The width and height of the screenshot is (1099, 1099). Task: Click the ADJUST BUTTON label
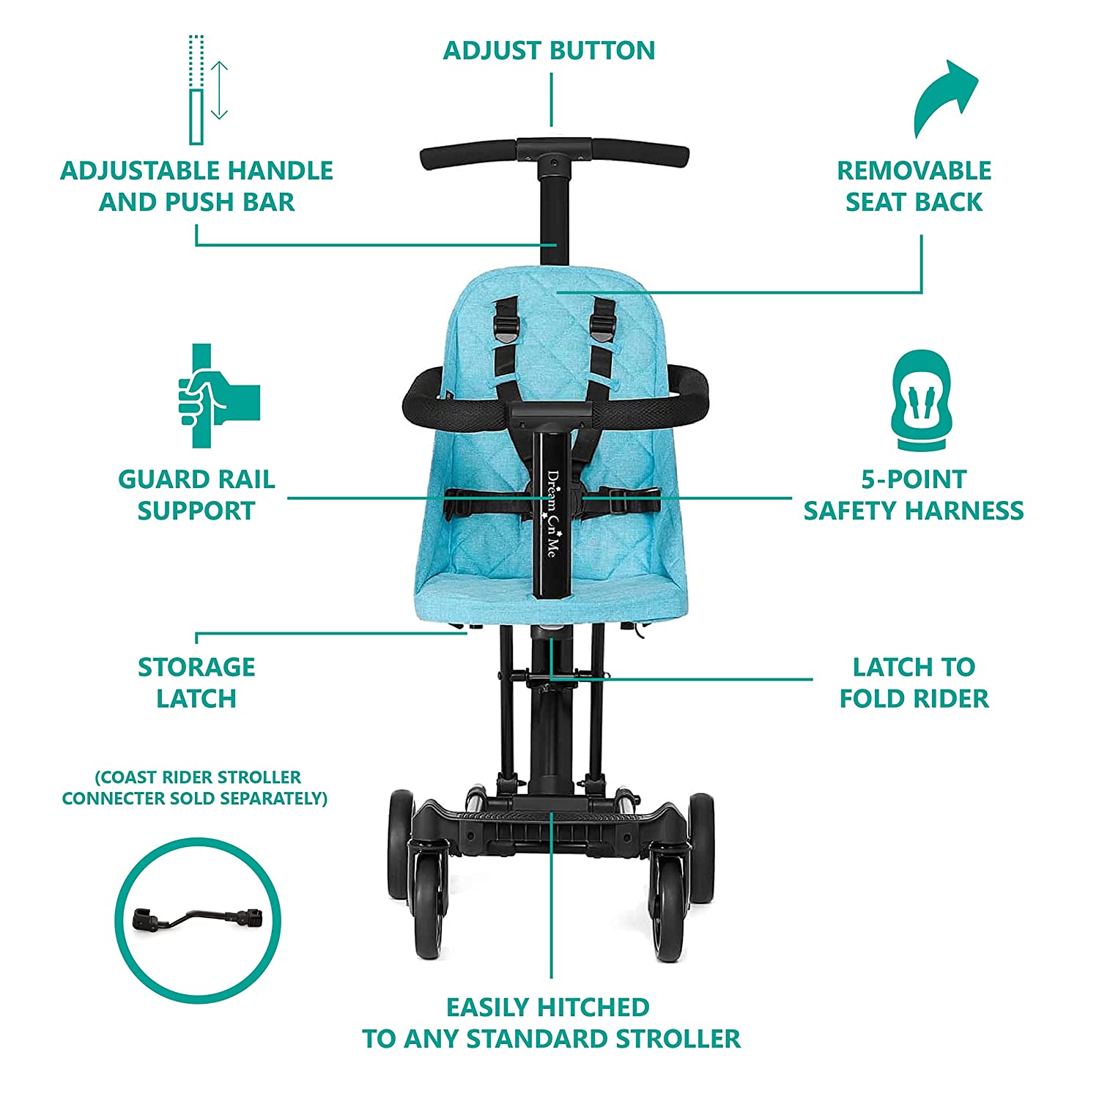[549, 51]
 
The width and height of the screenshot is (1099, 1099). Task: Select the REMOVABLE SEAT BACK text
[914, 186]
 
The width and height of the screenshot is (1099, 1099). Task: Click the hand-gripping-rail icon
[218, 396]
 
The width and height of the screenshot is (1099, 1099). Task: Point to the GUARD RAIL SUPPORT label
[196, 495]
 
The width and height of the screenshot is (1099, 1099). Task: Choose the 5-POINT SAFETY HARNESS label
[914, 495]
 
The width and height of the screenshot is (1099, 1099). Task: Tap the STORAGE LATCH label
[196, 683]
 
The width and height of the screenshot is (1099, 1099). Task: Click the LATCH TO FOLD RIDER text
[914, 683]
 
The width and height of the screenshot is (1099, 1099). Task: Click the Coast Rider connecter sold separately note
[196, 788]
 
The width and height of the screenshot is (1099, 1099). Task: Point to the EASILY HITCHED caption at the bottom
[551, 1023]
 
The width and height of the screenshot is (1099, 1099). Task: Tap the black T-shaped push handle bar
[555, 154]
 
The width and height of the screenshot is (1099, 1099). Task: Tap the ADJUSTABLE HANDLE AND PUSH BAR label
[196, 186]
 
